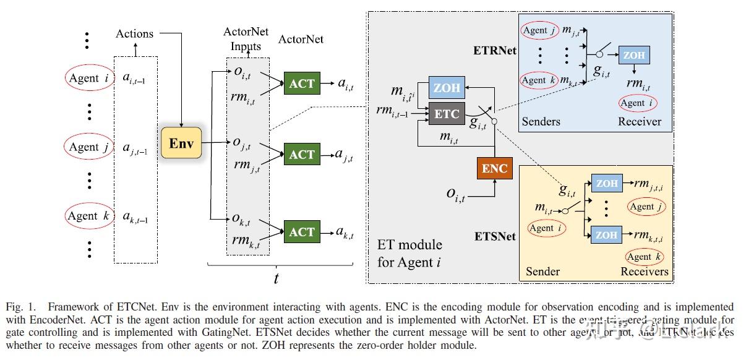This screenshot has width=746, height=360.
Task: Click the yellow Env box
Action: (x=181, y=144)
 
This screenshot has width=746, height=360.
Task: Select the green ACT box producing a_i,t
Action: (x=302, y=84)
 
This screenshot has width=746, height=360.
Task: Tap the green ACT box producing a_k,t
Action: (x=302, y=232)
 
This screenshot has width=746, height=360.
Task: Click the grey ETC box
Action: (x=447, y=114)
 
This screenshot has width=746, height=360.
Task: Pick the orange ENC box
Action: (x=495, y=168)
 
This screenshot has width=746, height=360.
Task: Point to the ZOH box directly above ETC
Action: (x=447, y=87)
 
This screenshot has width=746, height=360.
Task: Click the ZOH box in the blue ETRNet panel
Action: (x=633, y=55)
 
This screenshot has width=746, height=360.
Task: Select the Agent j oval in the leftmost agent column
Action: (x=88, y=147)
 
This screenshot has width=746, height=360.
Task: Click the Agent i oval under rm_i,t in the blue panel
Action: (x=638, y=103)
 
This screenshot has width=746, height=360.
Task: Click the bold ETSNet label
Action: (x=495, y=236)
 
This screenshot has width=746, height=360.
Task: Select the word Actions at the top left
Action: (x=134, y=33)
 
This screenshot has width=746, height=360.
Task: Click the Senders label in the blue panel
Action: (x=541, y=121)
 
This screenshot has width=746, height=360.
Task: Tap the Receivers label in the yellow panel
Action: (x=644, y=272)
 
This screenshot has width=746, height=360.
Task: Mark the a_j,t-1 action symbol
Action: (x=135, y=147)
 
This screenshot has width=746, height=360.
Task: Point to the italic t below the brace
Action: (x=276, y=278)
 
